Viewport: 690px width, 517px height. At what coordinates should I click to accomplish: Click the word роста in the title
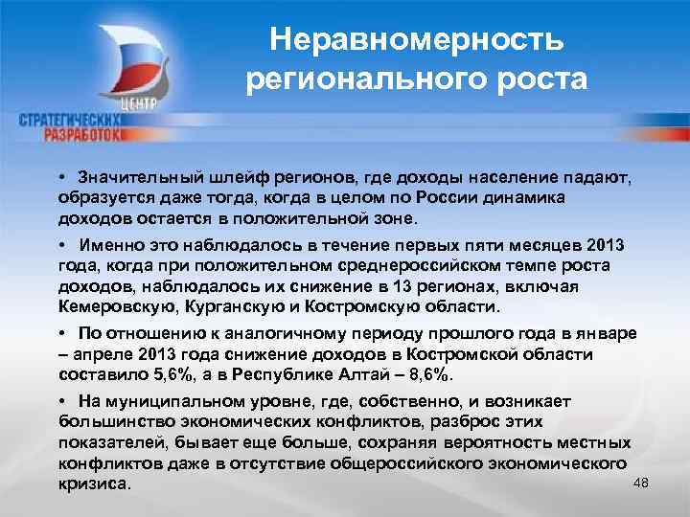click(540, 80)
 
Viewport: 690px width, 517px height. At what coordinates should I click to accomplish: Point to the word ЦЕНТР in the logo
click(141, 102)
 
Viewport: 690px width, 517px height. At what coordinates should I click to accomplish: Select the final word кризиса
click(91, 485)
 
